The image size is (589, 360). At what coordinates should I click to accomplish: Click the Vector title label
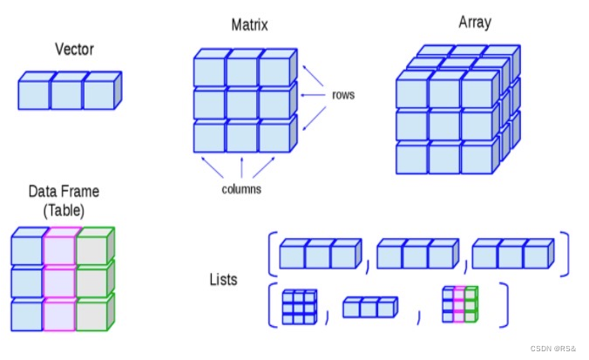(73, 50)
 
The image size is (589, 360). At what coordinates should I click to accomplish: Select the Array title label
(476, 23)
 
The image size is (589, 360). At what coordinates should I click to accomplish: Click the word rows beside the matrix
(342, 94)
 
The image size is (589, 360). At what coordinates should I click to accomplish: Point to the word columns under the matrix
(240, 188)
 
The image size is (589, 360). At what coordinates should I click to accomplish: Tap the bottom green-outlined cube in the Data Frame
(91, 315)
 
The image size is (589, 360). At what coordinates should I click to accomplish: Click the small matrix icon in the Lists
(299, 306)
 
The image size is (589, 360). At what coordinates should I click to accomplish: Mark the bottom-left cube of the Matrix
(209, 139)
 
